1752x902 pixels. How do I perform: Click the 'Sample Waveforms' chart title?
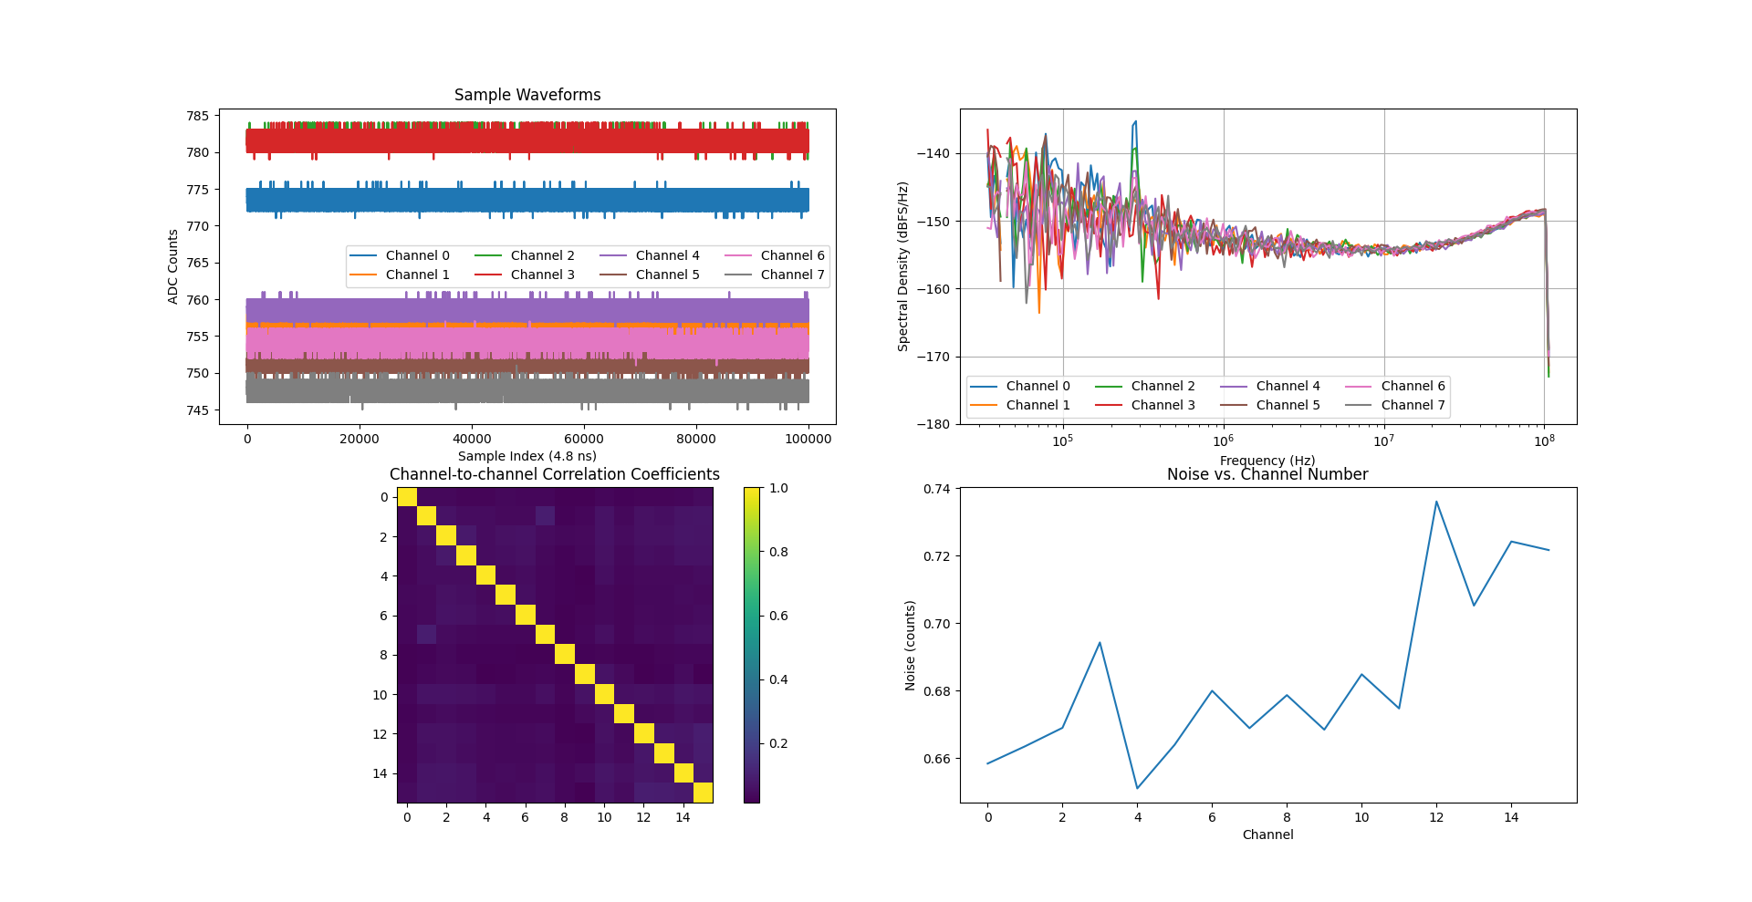(527, 95)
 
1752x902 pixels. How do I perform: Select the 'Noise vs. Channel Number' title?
(1267, 474)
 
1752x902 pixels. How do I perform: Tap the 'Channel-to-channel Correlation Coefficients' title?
(554, 474)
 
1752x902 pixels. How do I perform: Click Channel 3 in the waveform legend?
(542, 275)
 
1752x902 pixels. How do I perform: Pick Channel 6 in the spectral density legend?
(1413, 386)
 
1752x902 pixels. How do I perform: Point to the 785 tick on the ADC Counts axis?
(198, 116)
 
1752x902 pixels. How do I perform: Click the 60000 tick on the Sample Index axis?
(584, 439)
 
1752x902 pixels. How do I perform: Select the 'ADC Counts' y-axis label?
(173, 266)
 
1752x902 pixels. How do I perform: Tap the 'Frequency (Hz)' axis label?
(1267, 461)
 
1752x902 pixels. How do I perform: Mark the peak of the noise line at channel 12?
(1436, 502)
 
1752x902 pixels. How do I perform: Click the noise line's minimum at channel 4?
(1137, 788)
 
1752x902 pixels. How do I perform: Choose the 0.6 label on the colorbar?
(778, 616)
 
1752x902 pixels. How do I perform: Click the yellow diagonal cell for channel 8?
(565, 655)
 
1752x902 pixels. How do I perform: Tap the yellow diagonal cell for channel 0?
(407, 497)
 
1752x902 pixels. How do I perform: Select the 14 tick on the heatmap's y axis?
(380, 773)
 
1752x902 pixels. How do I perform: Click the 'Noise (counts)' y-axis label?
(910, 645)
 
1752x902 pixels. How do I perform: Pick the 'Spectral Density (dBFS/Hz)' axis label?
(903, 266)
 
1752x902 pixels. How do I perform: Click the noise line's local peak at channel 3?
(1100, 643)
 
